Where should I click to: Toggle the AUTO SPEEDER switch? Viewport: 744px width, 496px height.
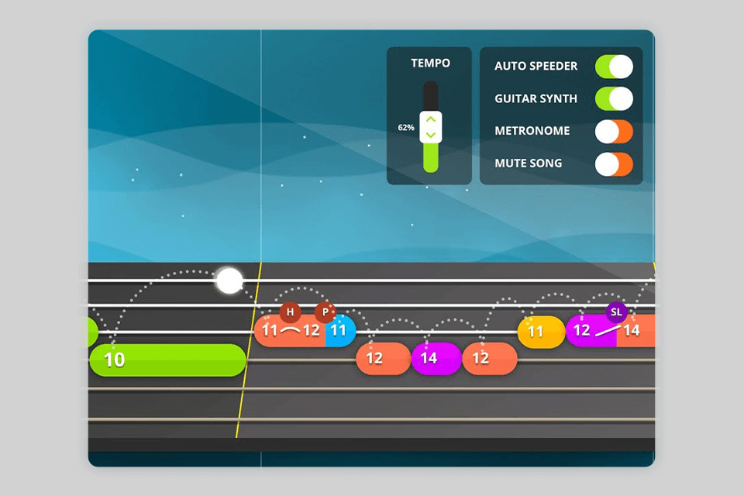coord(614,67)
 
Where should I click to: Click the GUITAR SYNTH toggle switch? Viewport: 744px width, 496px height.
coord(614,99)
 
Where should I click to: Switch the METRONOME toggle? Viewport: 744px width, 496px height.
coord(614,132)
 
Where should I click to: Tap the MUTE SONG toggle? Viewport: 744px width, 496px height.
coord(614,164)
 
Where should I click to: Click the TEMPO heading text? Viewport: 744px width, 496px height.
coord(430,64)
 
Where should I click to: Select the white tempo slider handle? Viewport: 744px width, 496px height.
coord(430,126)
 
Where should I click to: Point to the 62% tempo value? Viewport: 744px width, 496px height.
coord(406,127)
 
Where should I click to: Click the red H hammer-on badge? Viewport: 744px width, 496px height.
coord(290,312)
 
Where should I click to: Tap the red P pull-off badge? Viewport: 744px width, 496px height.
coord(325,312)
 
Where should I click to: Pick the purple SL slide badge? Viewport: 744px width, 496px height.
coord(616,312)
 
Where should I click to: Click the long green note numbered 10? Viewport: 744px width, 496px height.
coord(167,360)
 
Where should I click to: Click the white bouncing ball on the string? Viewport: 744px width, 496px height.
coord(229,281)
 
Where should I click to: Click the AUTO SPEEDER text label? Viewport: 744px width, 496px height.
coord(536,67)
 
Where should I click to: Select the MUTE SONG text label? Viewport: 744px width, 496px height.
coord(528,164)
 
